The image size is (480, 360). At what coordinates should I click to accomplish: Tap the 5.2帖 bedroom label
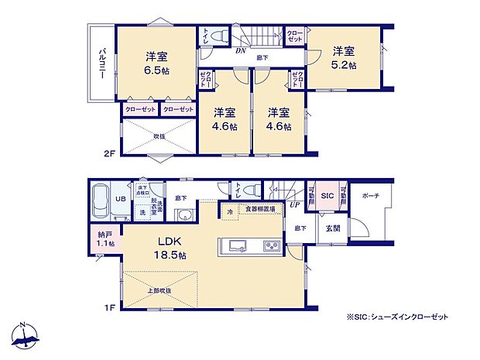tap(345, 57)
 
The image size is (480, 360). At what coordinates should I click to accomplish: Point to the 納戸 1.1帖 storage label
tap(105, 240)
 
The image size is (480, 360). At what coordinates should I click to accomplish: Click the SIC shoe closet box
tap(327, 197)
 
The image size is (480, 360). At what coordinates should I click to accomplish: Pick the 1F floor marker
tap(109, 308)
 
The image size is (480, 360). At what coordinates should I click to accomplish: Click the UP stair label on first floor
tap(294, 204)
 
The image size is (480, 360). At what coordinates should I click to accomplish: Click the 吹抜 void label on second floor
tap(159, 136)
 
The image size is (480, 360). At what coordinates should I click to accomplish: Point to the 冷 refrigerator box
tap(230, 209)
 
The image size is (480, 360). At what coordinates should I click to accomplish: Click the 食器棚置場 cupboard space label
tap(260, 209)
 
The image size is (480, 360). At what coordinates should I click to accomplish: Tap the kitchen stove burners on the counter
tap(273, 246)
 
